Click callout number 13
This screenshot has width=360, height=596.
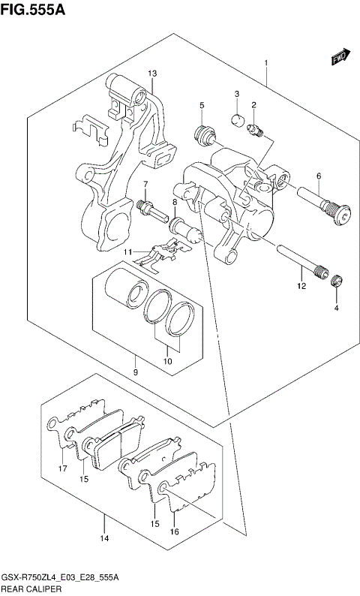[151, 73]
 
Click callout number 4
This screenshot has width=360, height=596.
[336, 308]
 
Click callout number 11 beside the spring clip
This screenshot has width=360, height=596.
[128, 251]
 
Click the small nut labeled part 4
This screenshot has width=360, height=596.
[337, 281]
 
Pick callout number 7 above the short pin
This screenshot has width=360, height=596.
[146, 185]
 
